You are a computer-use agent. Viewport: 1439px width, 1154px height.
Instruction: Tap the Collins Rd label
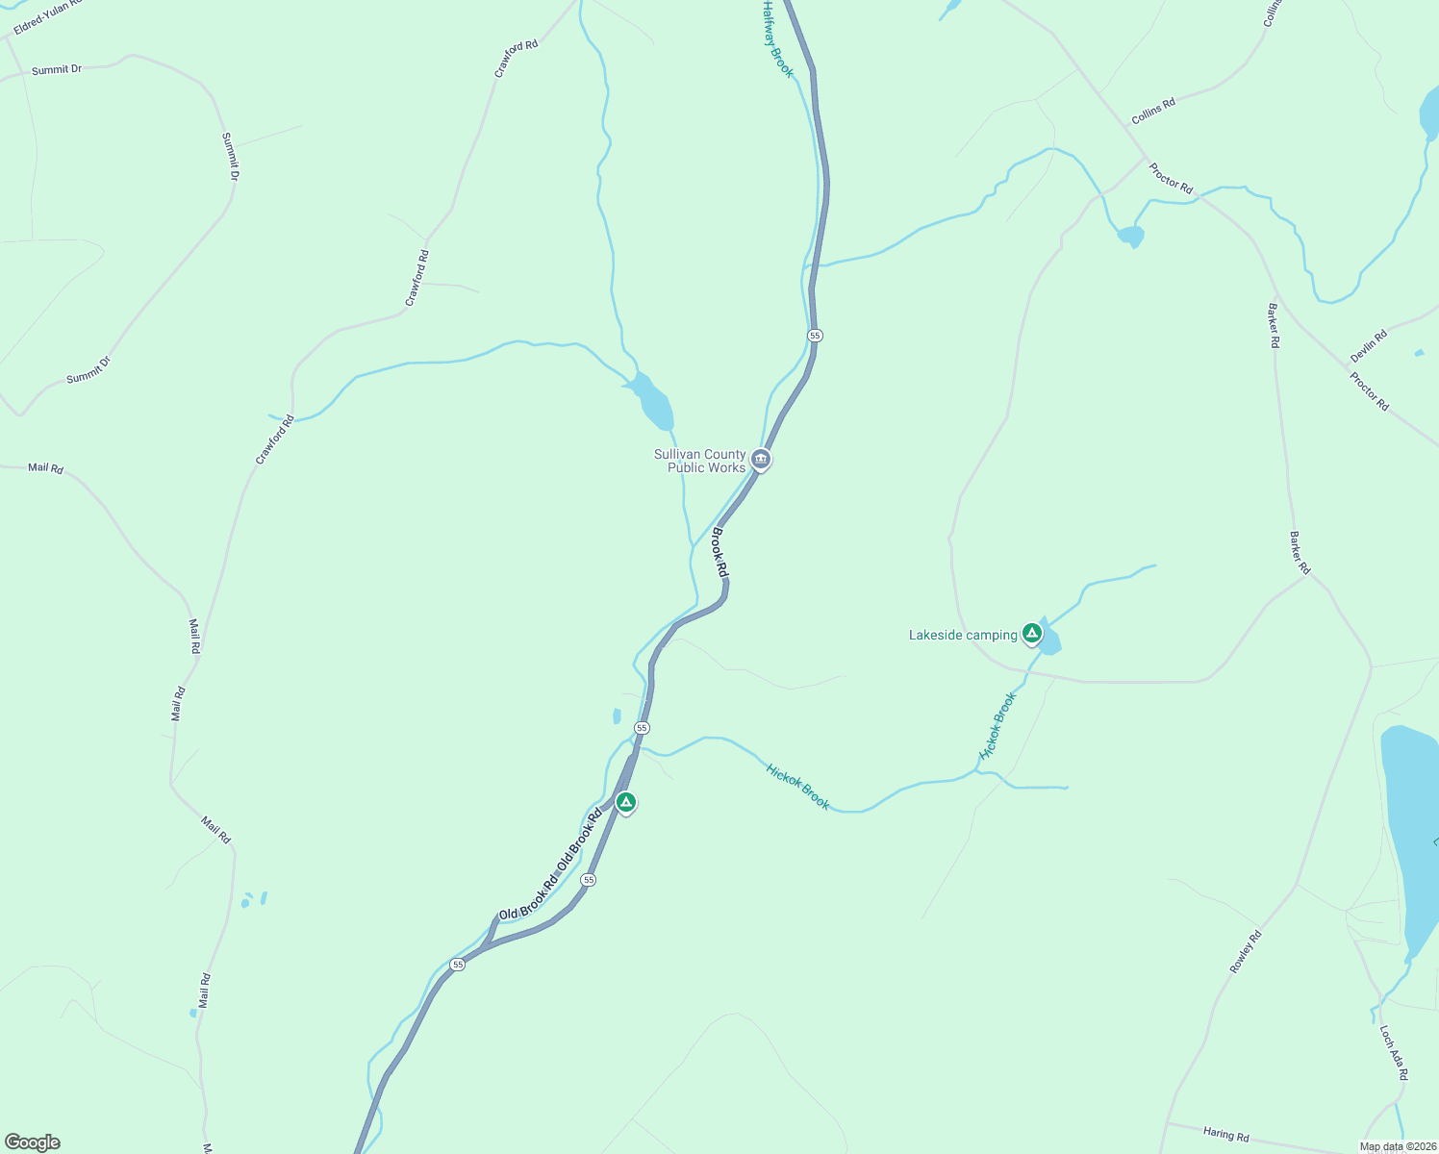pos(1153,111)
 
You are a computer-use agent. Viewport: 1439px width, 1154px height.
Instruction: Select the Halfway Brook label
pos(777,38)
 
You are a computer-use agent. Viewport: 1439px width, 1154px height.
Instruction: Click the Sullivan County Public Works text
pos(700,461)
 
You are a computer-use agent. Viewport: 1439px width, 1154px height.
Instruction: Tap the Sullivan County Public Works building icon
pos(761,460)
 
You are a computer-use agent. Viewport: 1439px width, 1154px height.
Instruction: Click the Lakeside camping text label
pos(963,635)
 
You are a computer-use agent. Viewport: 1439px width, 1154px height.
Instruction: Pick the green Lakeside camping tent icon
pos(1032,633)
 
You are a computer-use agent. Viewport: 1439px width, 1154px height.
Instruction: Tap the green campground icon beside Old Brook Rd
pos(626,801)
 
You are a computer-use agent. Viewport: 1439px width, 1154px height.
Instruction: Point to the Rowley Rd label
pos(1246,951)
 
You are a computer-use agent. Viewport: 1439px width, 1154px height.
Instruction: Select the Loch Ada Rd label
pos(1394,1052)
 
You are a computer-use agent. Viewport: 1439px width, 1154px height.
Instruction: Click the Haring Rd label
pos(1225,1135)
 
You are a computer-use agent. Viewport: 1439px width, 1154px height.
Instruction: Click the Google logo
pos(32,1142)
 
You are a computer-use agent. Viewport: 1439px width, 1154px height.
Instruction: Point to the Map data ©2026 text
pos(1398,1146)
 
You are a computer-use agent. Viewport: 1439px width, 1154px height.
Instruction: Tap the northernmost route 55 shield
pos(816,335)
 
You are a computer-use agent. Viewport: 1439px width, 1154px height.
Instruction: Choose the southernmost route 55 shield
pos(458,964)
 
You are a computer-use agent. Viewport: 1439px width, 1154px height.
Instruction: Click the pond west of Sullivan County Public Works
pos(654,402)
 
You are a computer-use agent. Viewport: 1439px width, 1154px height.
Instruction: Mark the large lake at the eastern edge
pos(1408,827)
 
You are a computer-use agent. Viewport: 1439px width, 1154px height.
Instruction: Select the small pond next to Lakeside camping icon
pos(1048,642)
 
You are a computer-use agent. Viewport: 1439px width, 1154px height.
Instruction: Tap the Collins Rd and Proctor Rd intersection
pos(1145,156)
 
